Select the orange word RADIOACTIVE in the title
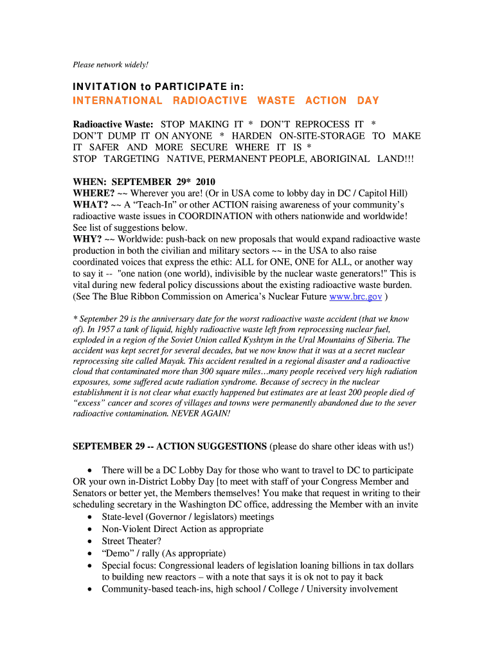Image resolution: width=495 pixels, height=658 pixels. click(x=210, y=100)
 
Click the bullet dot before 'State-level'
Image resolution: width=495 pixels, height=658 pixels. click(x=89, y=517)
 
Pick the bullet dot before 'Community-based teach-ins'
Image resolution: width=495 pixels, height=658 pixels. click(x=89, y=589)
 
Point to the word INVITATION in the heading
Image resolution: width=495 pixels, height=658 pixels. click(x=105, y=87)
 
